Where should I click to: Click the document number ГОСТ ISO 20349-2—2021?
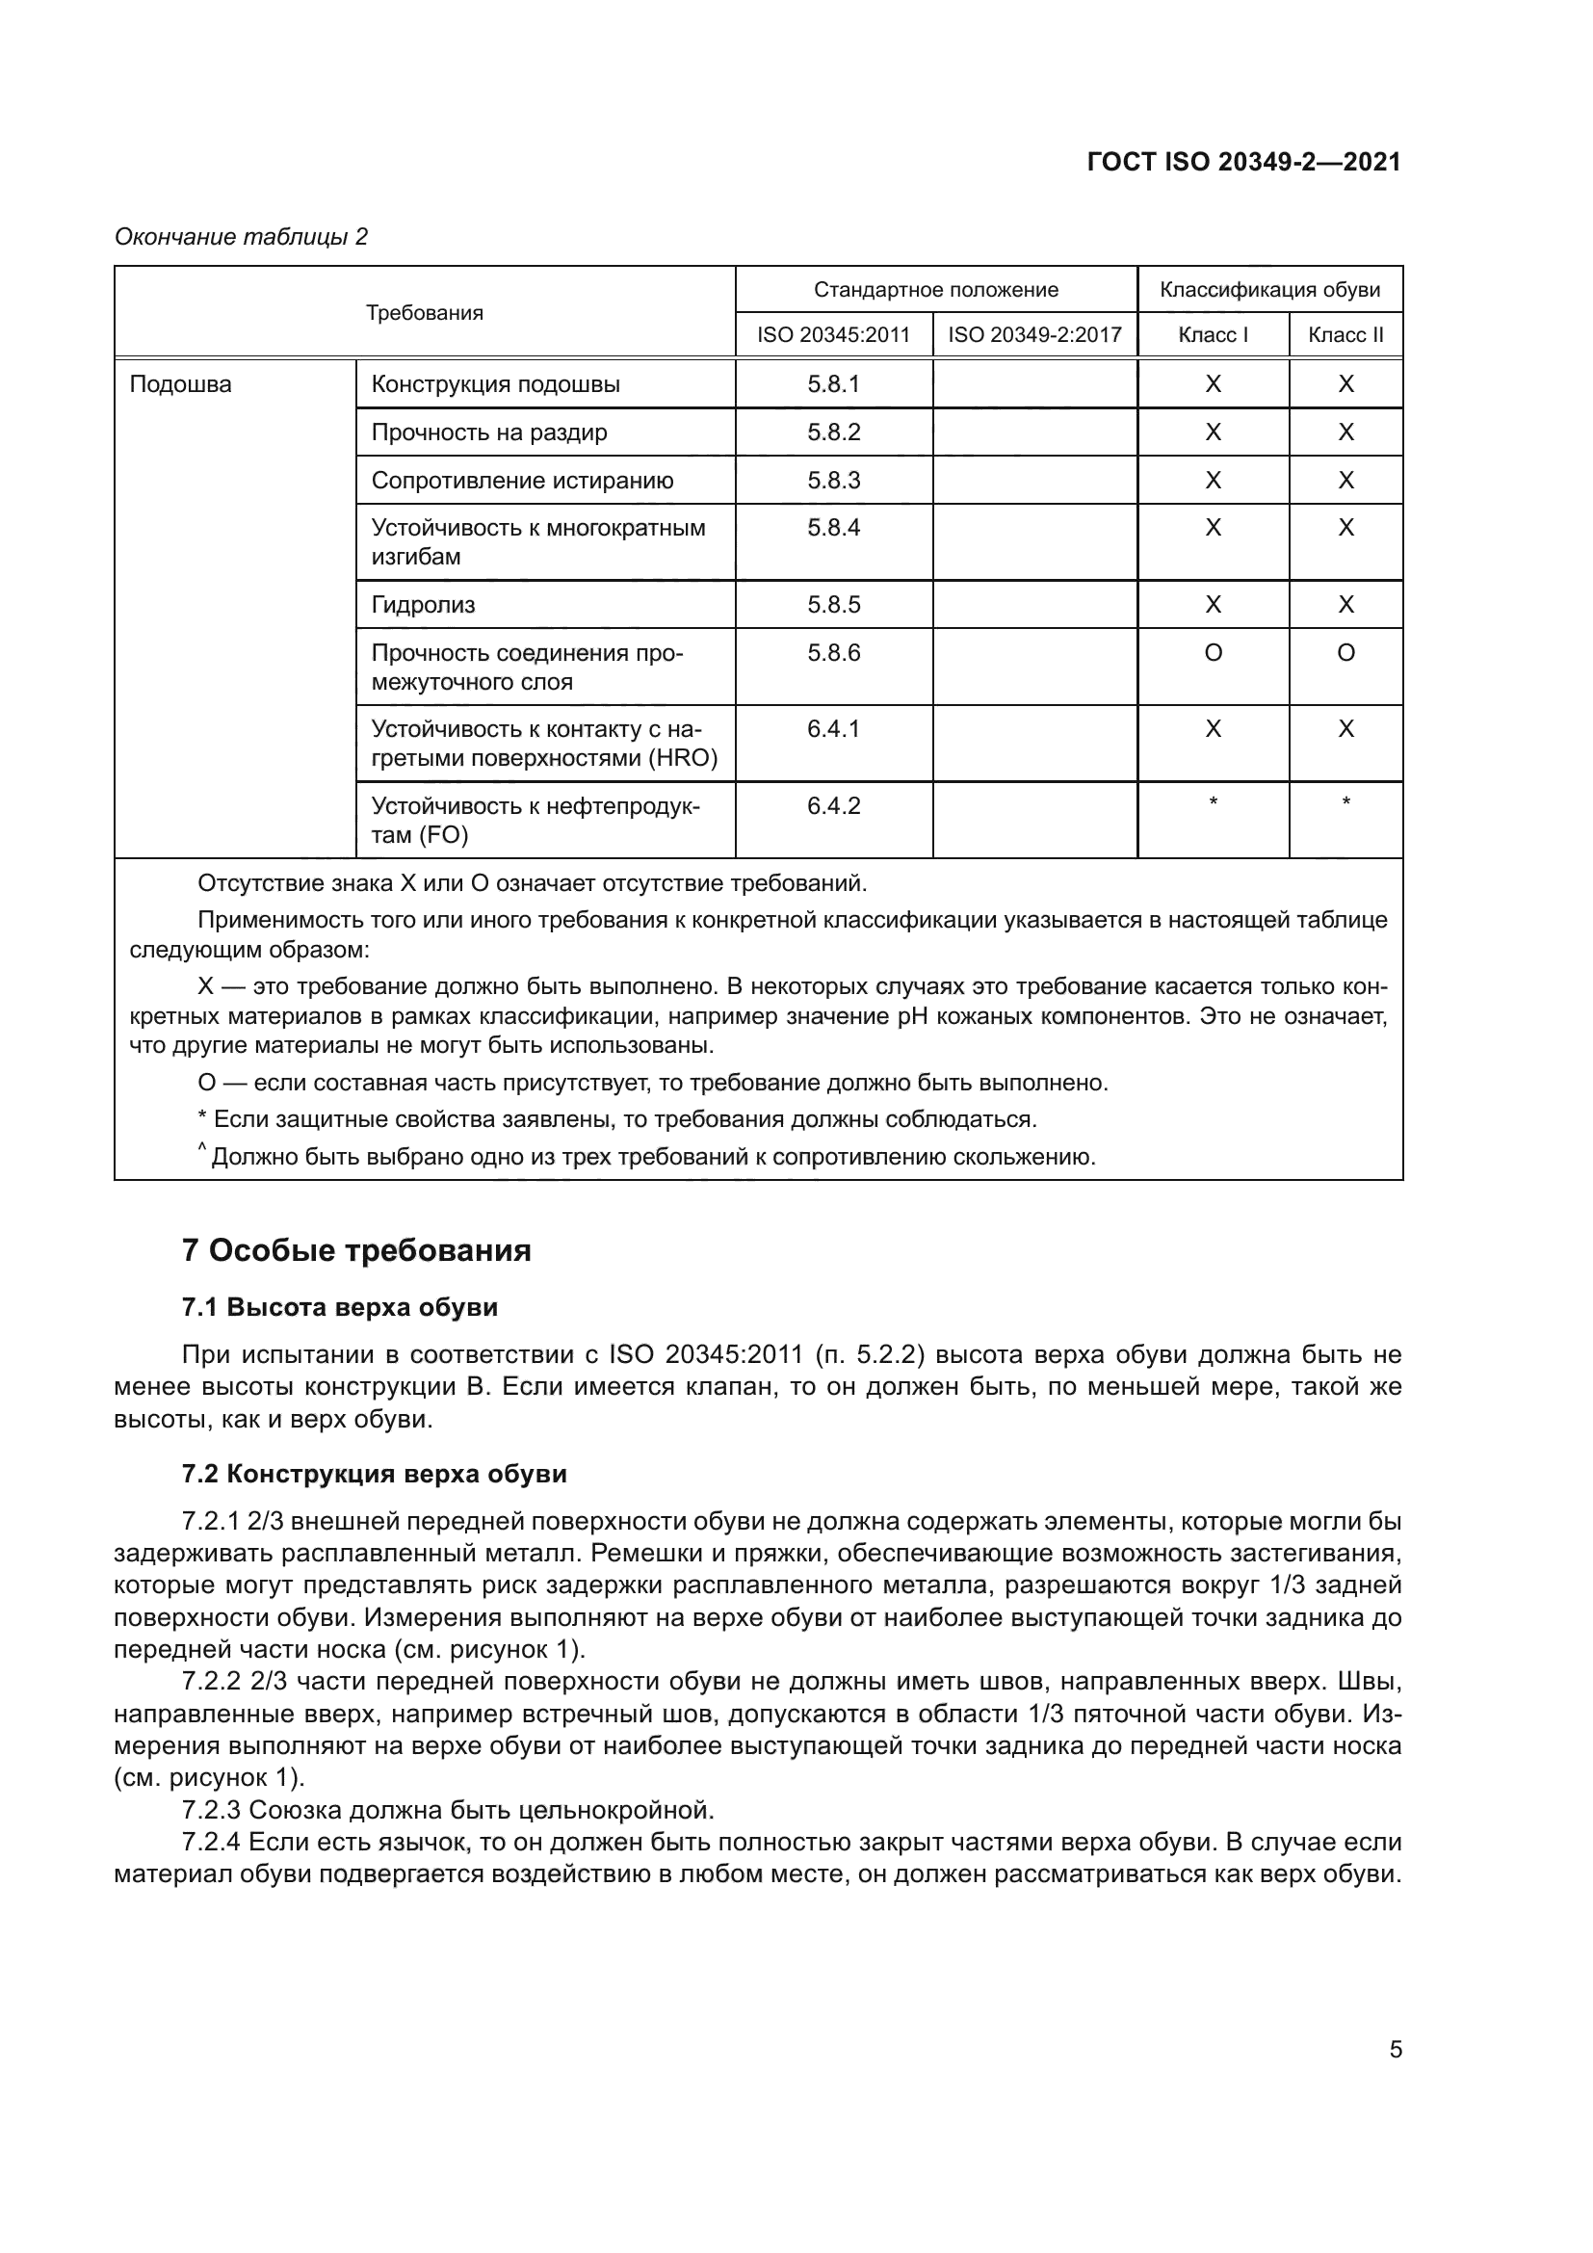point(1243,162)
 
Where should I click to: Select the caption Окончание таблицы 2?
point(242,237)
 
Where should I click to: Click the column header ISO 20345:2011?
point(833,334)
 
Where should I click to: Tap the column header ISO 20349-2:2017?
point(1033,334)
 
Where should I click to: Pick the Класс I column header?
point(1213,334)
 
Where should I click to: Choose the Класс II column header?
point(1345,334)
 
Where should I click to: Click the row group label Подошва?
point(180,383)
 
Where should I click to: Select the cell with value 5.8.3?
point(833,480)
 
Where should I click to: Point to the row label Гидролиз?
point(423,605)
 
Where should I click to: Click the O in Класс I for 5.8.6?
point(1213,652)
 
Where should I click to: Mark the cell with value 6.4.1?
point(833,729)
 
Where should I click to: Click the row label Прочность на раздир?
point(488,432)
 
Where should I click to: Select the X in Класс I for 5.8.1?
point(1213,383)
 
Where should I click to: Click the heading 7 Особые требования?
point(356,1250)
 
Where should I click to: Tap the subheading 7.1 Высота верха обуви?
point(339,1307)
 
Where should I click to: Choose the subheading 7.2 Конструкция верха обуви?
point(374,1474)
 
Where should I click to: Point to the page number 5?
point(1395,2049)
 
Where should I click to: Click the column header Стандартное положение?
point(935,290)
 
